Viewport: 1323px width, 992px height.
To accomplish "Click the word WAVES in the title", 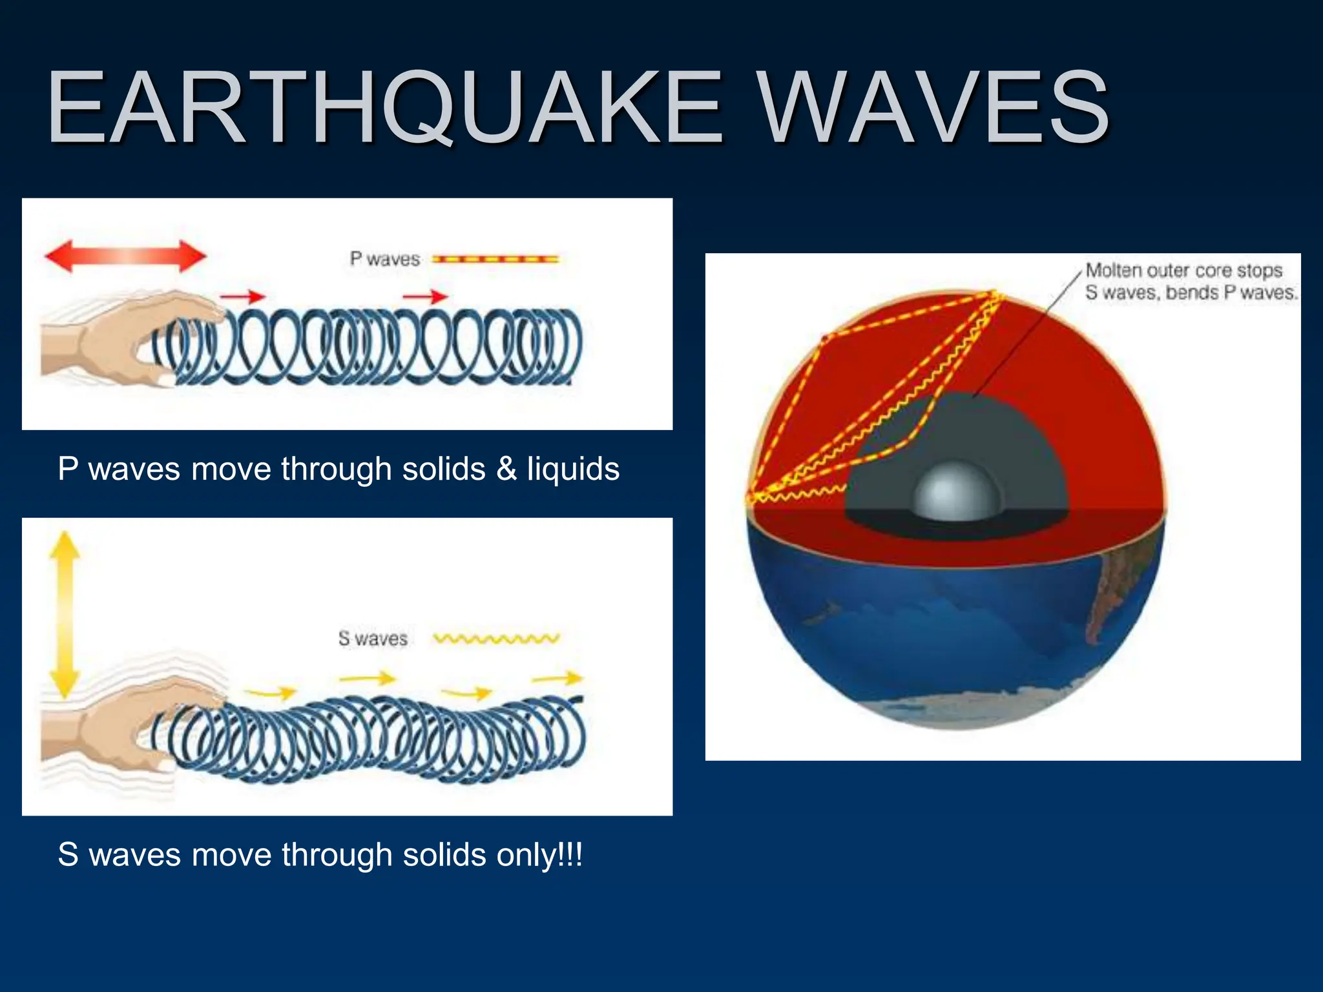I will coord(933,108).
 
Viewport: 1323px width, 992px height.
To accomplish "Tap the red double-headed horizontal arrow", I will coord(125,256).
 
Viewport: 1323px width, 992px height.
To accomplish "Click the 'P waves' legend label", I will coord(385,259).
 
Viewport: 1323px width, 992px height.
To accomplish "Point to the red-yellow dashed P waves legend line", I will coord(495,259).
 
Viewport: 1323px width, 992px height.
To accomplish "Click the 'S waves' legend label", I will coord(373,639).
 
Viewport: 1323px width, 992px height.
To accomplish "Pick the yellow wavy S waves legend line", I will coord(496,639).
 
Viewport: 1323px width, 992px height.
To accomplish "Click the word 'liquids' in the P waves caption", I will coord(573,469).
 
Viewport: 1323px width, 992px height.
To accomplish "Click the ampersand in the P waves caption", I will coord(506,469).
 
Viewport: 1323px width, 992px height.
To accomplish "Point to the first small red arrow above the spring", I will coord(242,296).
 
